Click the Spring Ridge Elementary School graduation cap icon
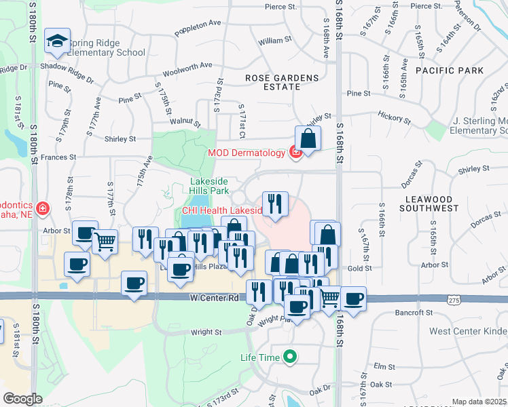click(57, 41)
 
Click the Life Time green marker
click(291, 356)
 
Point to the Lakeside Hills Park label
click(208, 186)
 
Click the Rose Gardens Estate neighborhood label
click(282, 83)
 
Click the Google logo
click(22, 399)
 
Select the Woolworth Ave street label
click(187, 66)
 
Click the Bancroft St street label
click(414, 313)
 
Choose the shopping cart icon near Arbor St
click(105, 241)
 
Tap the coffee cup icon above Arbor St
click(85, 233)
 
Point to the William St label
click(275, 41)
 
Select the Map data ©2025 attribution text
click(479, 402)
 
